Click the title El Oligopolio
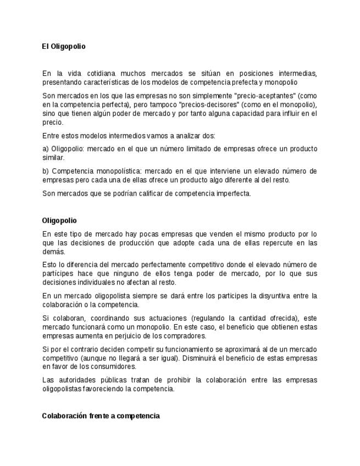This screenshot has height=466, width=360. point(64,47)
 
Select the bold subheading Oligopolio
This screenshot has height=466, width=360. point(59,221)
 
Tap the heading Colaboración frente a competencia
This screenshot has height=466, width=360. point(101,416)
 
